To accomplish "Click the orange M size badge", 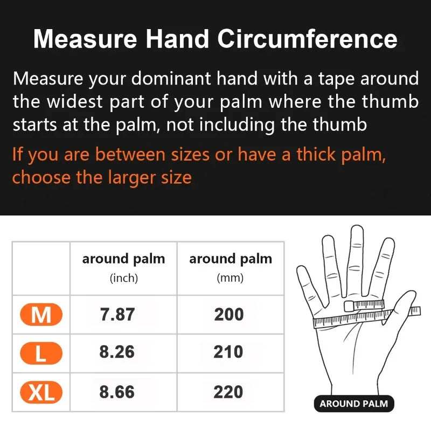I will point(41,315).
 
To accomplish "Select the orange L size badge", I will point(41,353).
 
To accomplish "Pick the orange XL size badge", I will point(41,392).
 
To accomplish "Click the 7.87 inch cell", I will point(117,315).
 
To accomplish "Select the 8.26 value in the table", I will point(117,352).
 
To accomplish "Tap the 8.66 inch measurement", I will point(117,392).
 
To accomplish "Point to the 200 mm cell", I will point(229,315).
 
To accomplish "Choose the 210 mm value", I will point(229,352).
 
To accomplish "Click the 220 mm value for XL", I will point(229,392).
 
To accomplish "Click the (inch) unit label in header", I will point(124,279).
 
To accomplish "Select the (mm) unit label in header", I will point(230,279).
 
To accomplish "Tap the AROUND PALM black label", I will point(353,404).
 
